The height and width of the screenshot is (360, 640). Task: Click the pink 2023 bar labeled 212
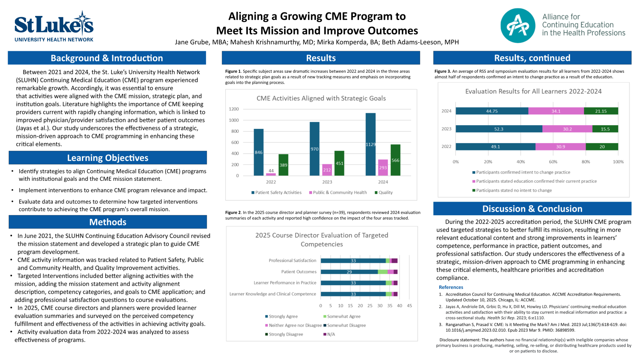tap(327, 170)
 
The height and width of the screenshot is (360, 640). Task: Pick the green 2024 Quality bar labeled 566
tap(395, 160)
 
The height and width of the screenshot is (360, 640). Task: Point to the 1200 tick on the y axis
tap(234, 109)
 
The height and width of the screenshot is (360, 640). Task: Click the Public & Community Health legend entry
tap(338, 192)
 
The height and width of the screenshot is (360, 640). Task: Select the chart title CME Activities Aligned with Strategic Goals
tap(321, 98)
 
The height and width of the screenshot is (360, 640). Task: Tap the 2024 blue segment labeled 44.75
tap(492, 111)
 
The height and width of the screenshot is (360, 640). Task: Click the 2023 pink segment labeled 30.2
tap(567, 129)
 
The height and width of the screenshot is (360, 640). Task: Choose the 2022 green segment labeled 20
tap(602, 147)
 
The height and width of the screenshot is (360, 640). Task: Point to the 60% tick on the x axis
tap(553, 162)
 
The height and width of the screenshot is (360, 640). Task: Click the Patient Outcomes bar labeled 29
tap(349, 272)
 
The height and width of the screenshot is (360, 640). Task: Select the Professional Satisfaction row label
tap(292, 260)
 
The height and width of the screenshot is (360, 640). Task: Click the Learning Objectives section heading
tap(108, 158)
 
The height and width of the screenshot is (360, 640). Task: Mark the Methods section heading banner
tap(108, 222)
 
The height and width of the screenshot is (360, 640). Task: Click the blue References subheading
tap(451, 287)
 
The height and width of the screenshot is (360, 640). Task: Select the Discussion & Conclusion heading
tap(532, 209)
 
